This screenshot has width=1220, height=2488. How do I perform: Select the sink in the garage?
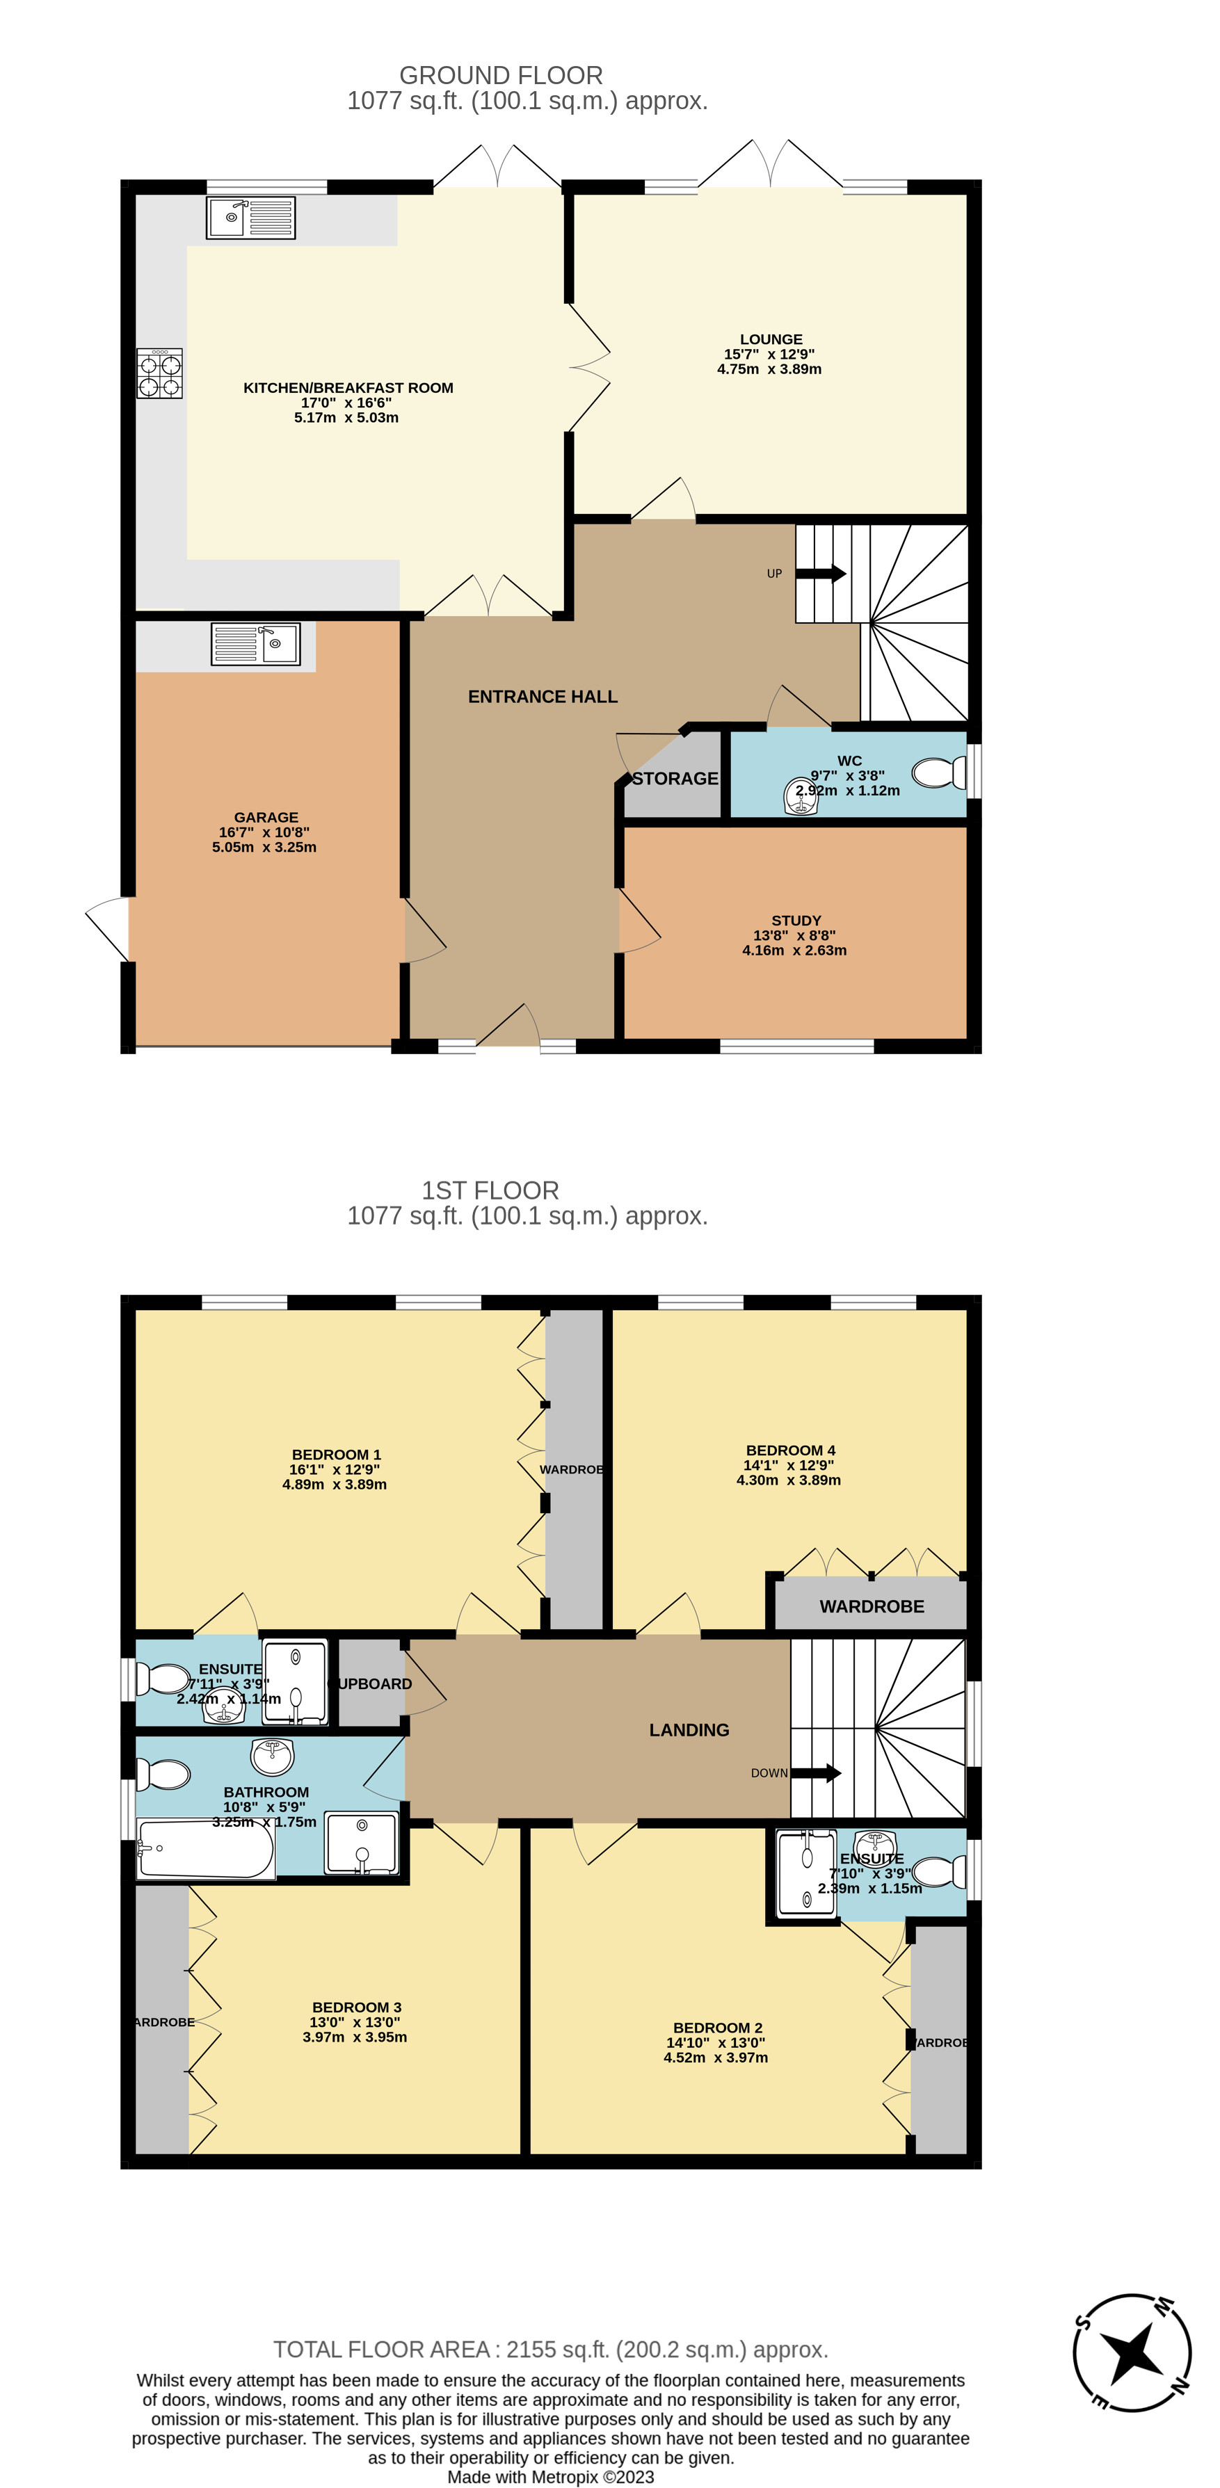click(256, 644)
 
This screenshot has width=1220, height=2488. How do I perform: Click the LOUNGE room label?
click(770, 339)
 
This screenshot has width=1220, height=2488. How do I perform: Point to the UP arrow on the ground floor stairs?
click(820, 574)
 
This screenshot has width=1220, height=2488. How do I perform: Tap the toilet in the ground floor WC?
click(938, 773)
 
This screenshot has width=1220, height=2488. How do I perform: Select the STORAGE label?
click(675, 779)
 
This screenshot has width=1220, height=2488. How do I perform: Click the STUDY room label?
click(796, 921)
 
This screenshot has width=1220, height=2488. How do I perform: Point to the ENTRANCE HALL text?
click(542, 696)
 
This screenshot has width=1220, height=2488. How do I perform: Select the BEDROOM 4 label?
click(790, 1450)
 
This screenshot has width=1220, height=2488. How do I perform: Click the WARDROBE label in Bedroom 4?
click(872, 1606)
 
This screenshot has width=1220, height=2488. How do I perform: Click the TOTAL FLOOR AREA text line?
click(551, 2349)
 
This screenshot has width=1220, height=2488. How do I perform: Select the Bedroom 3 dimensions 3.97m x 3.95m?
click(355, 2037)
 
